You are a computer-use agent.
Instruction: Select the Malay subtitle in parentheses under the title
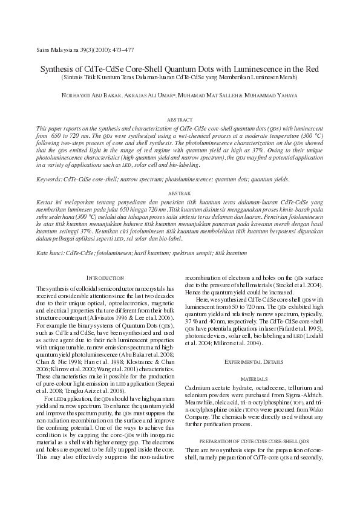coord(180,77)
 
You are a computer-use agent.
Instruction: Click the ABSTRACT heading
coord(180,120)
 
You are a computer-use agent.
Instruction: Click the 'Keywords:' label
coord(49,179)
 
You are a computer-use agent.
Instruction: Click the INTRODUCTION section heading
coord(105,277)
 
